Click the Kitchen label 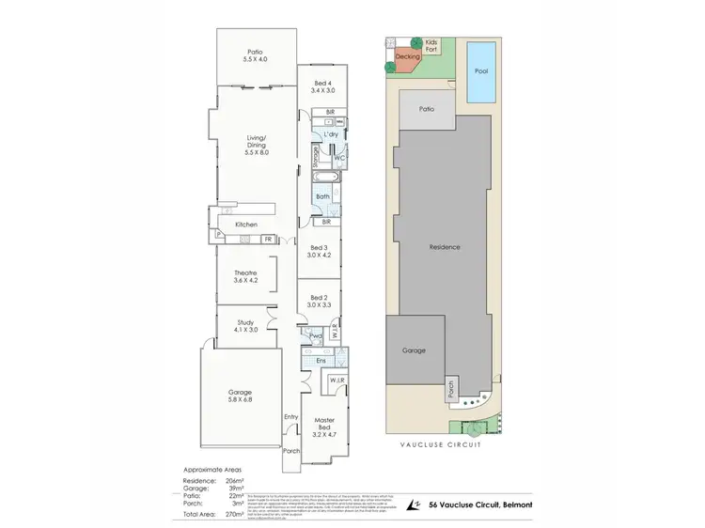(246, 225)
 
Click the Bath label (321, 196)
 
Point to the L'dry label (330, 135)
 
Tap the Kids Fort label (431, 46)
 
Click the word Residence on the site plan (445, 247)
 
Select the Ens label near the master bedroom (321, 361)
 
